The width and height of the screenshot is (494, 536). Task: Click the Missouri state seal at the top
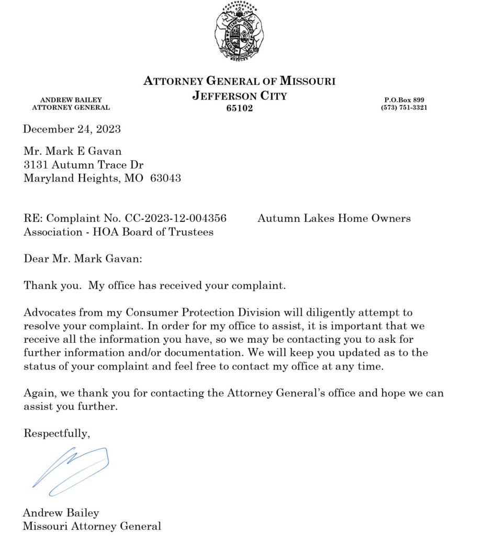239,32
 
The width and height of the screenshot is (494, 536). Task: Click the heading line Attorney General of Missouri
239,81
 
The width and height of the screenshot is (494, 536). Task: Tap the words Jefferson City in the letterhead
239,96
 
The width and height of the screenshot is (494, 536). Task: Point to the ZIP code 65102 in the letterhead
239,108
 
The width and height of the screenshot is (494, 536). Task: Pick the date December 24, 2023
72,129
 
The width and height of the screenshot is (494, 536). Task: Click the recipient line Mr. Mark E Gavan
73,152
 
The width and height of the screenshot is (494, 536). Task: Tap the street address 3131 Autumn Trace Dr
83,165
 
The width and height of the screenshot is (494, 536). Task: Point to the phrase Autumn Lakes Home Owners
334,218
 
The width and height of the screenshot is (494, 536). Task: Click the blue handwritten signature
71,470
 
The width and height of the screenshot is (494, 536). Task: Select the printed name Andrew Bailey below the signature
61,512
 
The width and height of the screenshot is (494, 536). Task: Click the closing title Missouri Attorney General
92,526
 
